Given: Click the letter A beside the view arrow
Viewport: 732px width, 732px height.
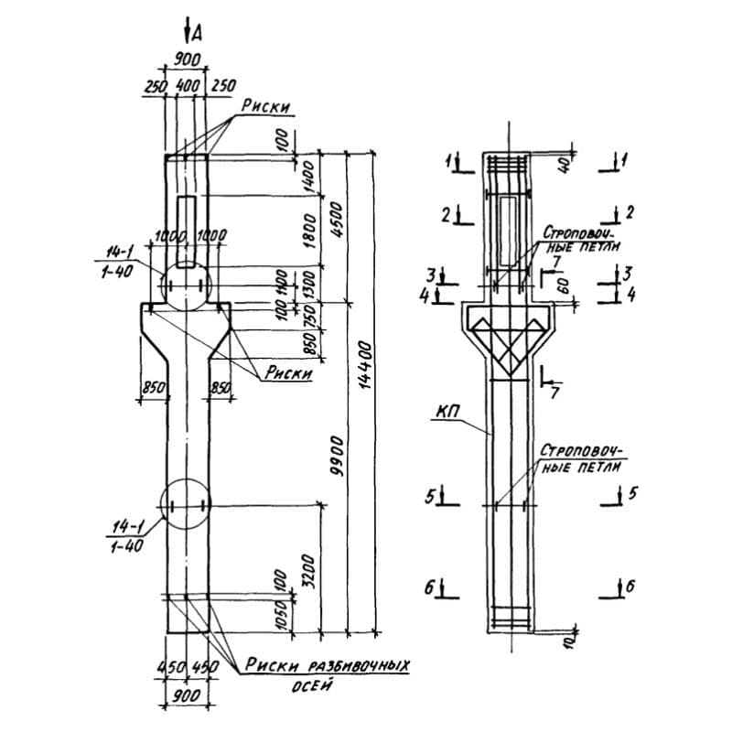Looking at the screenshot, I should pyautogui.click(x=196, y=34).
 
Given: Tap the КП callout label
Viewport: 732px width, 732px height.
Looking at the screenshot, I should pyautogui.click(x=447, y=413).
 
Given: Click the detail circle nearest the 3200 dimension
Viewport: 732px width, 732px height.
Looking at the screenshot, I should pyautogui.click(x=185, y=506).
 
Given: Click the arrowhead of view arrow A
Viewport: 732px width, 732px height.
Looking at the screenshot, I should pyautogui.click(x=187, y=40).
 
